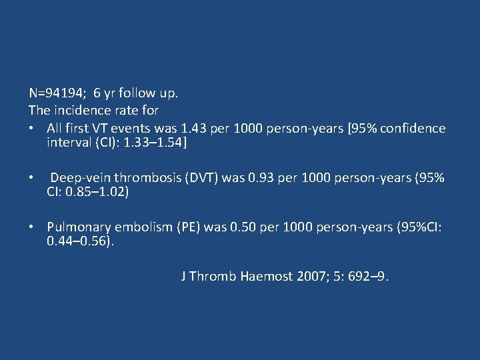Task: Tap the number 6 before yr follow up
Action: click(97, 93)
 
